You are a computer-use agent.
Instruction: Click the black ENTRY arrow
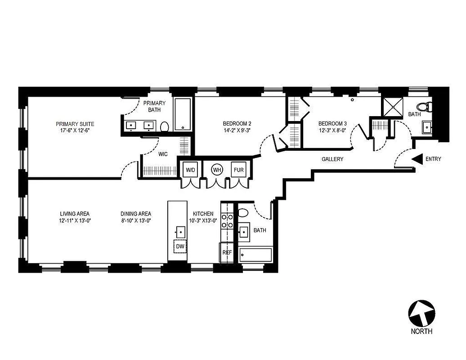[417, 159]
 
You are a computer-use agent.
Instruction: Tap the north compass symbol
[421, 314]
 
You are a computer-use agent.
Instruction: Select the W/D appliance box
[191, 170]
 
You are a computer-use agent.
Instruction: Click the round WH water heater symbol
[217, 170]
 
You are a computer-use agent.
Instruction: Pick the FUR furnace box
[238, 170]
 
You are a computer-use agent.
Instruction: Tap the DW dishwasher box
[180, 247]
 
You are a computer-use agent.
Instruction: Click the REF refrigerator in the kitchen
[227, 252]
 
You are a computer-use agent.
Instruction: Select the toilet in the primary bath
[164, 126]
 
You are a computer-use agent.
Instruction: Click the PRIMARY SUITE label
[75, 124]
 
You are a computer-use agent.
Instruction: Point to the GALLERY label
[332, 159]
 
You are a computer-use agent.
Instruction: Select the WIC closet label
[163, 154]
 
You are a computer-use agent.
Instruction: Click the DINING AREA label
[135, 214]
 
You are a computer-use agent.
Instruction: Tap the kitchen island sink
[180, 232]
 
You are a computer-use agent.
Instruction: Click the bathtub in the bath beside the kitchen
[255, 255]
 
